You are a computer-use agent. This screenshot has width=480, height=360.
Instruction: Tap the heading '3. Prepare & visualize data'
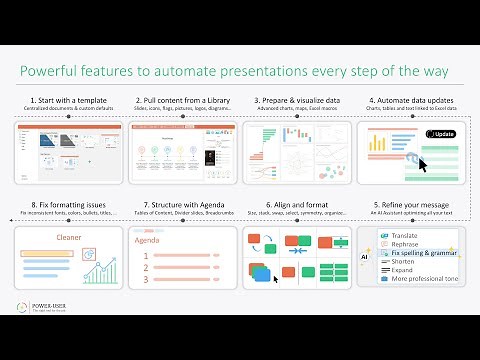[x=296, y=101]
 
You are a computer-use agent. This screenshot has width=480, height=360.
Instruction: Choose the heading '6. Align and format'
[x=296, y=203]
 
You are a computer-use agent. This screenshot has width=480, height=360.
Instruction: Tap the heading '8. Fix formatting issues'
[x=69, y=203]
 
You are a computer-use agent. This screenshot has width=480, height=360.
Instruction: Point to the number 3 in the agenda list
[x=146, y=280]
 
